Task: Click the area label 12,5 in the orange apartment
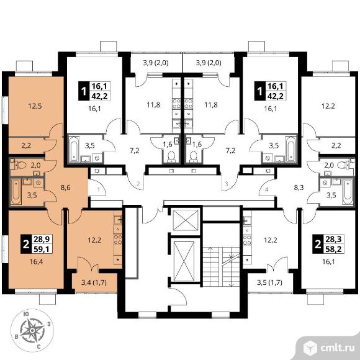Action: coord(35,106)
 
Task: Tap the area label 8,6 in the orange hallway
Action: coord(65,187)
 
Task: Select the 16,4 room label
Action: coord(37,261)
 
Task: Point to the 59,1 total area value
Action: coord(42,249)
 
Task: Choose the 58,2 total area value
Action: coord(333,249)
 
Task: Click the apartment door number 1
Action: coord(99,190)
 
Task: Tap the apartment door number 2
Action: coord(138,184)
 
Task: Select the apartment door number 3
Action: coord(227,184)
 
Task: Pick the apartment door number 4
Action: coord(266,190)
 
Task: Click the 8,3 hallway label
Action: coord(299,187)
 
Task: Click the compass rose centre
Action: coord(32,330)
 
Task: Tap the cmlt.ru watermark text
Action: coord(337,348)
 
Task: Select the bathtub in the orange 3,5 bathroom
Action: coord(16,192)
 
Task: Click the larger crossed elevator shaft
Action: coord(184,261)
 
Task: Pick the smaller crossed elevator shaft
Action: coord(186,220)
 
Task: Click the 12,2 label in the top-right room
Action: coord(328,106)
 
